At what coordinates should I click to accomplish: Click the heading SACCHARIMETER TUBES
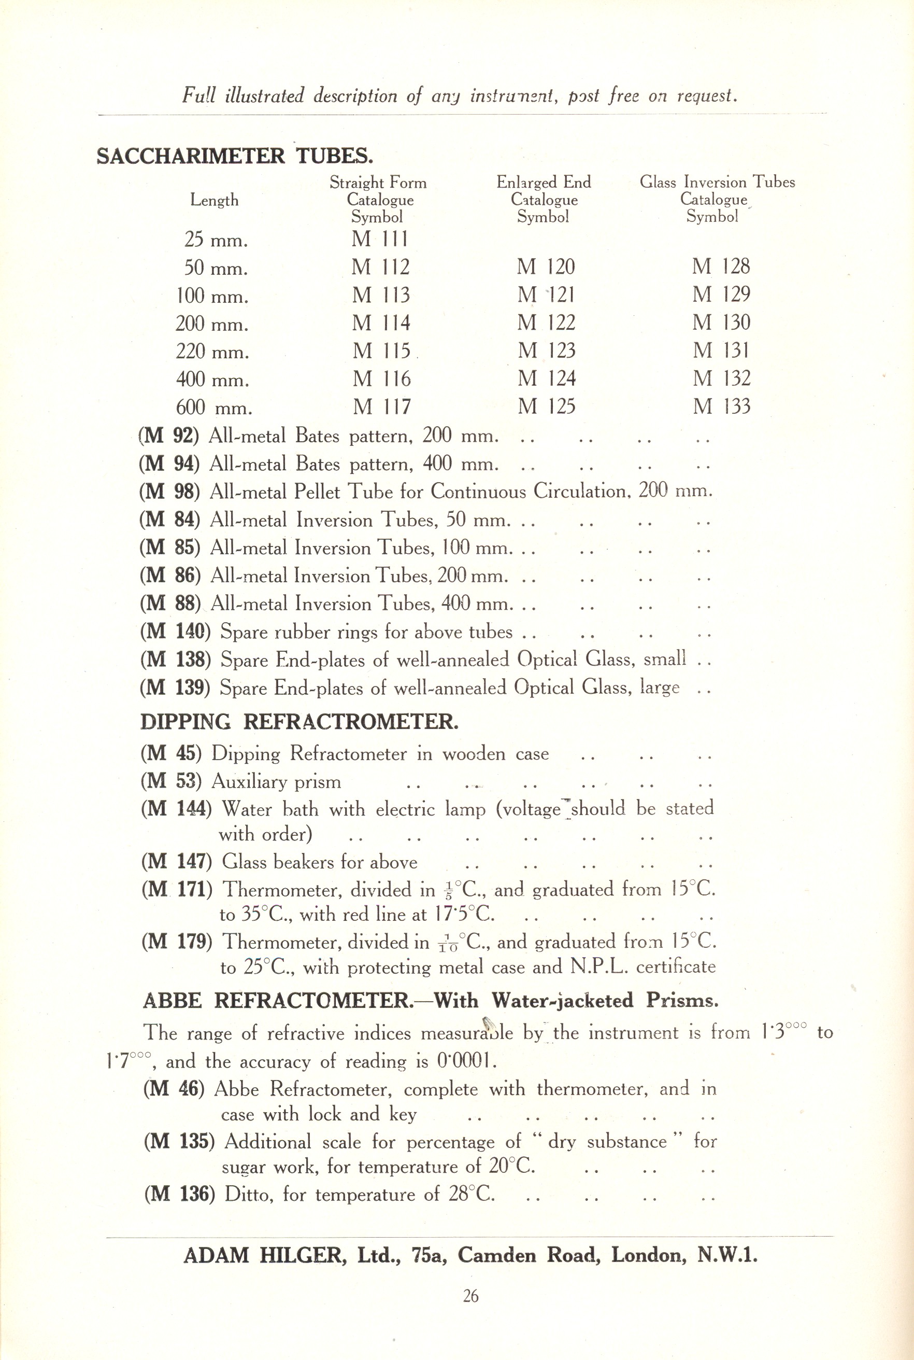(234, 156)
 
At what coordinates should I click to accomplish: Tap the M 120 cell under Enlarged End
(546, 267)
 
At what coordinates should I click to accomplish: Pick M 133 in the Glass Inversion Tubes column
(722, 406)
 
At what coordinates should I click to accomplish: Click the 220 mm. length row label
(212, 352)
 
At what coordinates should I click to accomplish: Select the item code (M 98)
(169, 492)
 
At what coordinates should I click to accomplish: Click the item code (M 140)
(175, 632)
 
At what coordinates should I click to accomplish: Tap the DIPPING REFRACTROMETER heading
(299, 722)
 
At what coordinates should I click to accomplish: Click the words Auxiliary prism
(276, 781)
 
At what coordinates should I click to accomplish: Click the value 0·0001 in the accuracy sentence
(465, 1062)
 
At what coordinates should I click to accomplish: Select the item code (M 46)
(173, 1089)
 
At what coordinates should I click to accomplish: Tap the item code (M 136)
(179, 1195)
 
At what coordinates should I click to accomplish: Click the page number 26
(470, 1296)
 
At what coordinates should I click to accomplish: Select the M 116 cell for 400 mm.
(382, 379)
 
